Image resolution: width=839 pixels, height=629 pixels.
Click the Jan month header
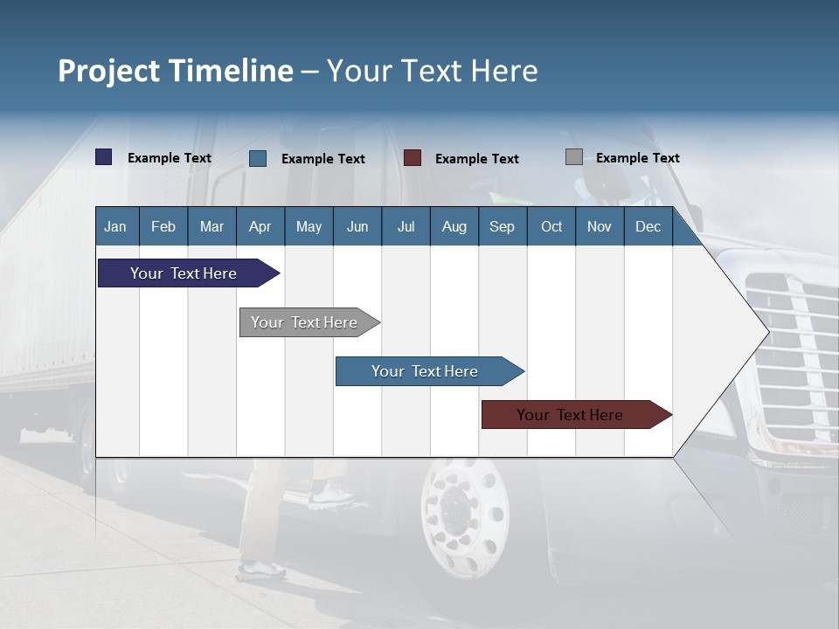[x=115, y=226]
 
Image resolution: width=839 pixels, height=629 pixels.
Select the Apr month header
[x=260, y=226]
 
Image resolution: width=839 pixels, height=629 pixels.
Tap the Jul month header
[x=406, y=226]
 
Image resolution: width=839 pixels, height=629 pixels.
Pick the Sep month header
[x=502, y=226]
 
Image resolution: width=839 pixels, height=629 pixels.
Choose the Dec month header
[x=648, y=226]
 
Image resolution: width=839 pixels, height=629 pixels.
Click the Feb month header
[x=163, y=226]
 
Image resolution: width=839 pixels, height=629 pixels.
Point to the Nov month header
[x=599, y=226]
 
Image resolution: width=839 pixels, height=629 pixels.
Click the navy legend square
[x=104, y=157]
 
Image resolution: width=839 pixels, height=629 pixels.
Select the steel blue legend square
[x=258, y=158]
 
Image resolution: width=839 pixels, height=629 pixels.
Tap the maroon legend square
[x=413, y=158]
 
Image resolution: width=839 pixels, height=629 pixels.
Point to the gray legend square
[x=574, y=157]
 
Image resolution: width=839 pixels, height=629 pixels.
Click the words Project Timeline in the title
[x=175, y=71]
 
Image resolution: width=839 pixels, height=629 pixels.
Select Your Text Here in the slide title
[x=433, y=71]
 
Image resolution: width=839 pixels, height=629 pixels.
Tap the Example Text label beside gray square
[x=637, y=158]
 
